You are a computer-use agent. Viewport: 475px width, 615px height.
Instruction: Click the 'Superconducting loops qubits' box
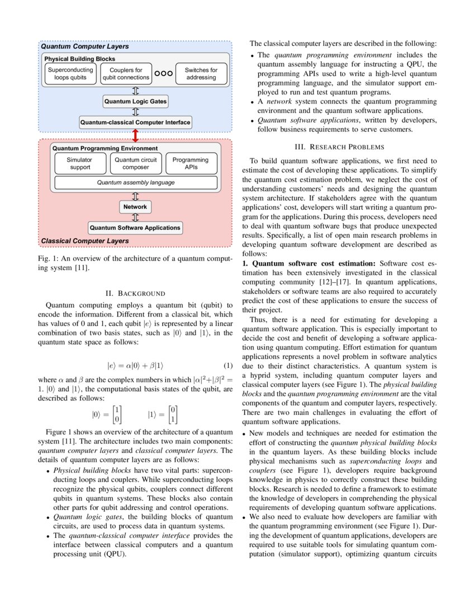point(70,74)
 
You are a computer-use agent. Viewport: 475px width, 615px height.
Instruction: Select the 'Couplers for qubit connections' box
point(126,74)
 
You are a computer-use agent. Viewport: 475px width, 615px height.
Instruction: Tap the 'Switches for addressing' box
point(201,74)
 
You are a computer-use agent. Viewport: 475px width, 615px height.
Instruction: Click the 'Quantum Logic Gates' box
point(135,102)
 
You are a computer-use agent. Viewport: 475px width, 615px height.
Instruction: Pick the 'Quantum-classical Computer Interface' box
point(135,122)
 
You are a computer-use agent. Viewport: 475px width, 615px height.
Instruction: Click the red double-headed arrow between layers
point(135,136)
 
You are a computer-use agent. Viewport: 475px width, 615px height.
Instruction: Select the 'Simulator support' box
point(79,163)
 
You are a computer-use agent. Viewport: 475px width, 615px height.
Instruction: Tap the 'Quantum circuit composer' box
point(135,163)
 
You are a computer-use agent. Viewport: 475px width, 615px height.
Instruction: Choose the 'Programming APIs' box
point(191,163)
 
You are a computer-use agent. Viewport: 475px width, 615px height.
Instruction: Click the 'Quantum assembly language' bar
point(135,182)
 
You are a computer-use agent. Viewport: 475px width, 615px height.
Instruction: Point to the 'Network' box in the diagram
point(135,207)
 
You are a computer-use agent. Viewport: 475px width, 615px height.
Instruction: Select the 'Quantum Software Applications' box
point(135,228)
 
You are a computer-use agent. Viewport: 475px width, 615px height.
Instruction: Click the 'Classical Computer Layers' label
point(84,240)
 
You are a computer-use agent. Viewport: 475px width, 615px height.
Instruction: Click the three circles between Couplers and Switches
point(163,74)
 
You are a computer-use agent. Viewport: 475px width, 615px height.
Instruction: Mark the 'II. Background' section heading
point(135,292)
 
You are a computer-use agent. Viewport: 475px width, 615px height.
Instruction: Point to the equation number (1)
point(227,366)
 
